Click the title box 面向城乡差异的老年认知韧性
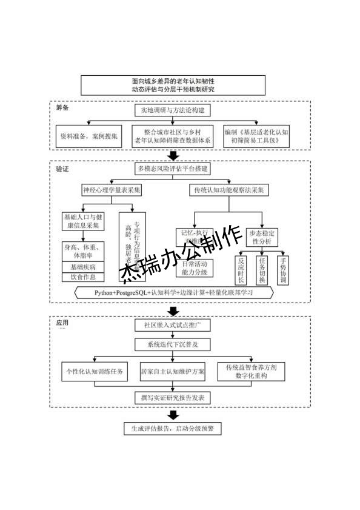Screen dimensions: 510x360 tap(173, 85)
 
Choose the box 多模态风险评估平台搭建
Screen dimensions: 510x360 tap(173, 169)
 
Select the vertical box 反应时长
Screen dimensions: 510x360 tap(241, 269)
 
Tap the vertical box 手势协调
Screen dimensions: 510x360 tap(282, 269)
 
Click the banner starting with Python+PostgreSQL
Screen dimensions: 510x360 tap(173, 293)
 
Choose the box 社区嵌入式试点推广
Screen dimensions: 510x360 tap(173, 326)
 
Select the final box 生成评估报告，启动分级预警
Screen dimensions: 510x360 tap(173, 429)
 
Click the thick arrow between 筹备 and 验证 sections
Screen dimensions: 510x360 tap(173, 155)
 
